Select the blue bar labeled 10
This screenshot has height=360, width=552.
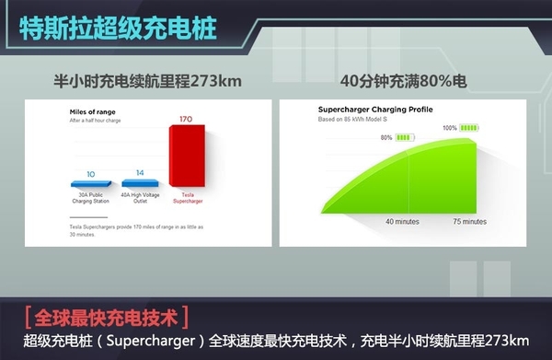(x=90, y=184)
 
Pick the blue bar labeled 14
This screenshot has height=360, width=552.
(x=140, y=182)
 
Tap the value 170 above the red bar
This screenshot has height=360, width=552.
(x=185, y=119)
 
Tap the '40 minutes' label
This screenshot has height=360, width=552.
(x=403, y=222)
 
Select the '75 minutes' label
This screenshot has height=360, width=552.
(x=469, y=222)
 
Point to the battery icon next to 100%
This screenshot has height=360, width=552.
(x=470, y=128)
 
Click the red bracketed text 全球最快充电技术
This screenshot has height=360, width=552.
(x=109, y=319)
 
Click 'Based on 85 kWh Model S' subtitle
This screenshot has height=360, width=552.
(x=351, y=119)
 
